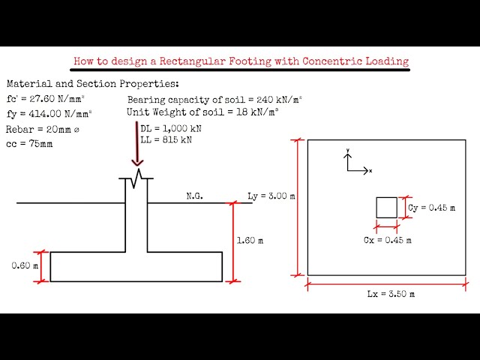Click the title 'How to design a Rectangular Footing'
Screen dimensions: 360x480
(x=241, y=61)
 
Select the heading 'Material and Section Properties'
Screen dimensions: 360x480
(x=93, y=84)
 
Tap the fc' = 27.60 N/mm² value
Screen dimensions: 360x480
(x=49, y=99)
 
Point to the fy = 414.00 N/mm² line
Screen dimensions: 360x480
(x=49, y=114)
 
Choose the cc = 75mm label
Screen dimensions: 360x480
(x=30, y=144)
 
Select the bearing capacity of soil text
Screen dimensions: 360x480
(x=203, y=100)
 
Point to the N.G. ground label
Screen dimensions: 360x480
(x=195, y=196)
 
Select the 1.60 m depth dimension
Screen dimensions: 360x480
(x=250, y=241)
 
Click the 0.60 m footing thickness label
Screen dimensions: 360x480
(x=24, y=265)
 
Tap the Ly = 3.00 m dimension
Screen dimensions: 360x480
(x=271, y=196)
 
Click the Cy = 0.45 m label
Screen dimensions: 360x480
(x=431, y=208)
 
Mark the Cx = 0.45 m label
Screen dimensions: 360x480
(x=387, y=240)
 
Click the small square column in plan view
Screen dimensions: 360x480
(x=386, y=208)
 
